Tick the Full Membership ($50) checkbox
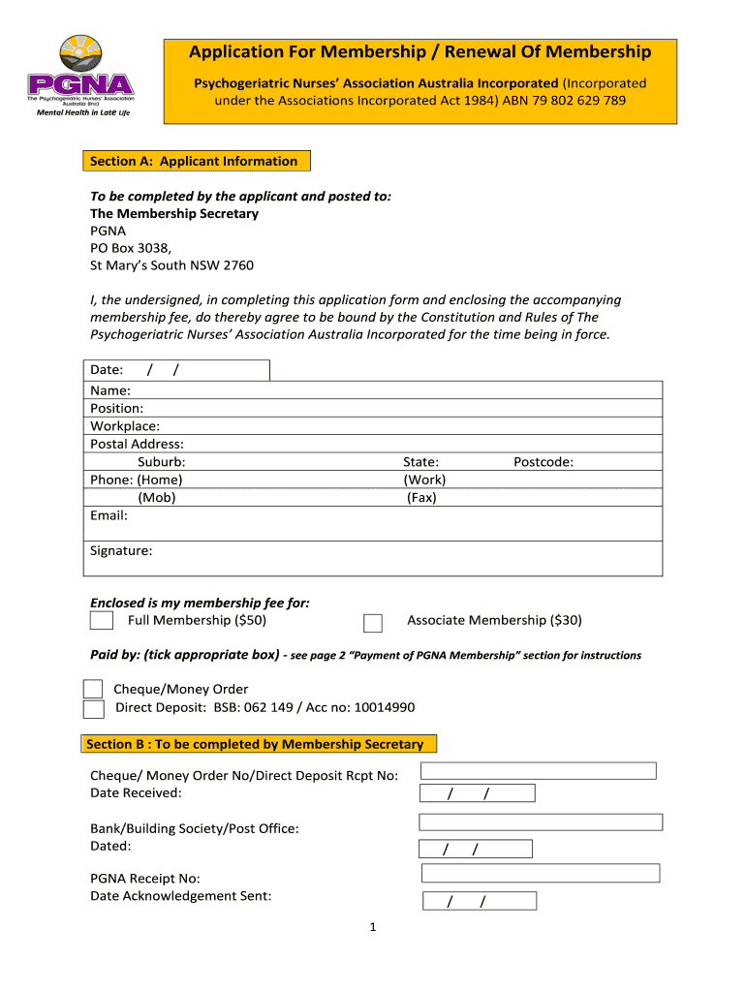(x=102, y=620)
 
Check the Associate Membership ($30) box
(x=372, y=623)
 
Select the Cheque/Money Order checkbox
(x=93, y=689)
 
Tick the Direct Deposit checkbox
(x=93, y=709)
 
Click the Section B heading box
(x=257, y=744)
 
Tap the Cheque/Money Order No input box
(x=538, y=771)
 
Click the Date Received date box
(x=477, y=794)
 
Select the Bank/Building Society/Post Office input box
(x=541, y=821)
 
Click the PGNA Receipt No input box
(x=541, y=873)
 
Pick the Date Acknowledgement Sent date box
(x=479, y=902)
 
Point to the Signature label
(x=121, y=551)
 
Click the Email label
(x=109, y=515)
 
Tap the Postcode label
(x=544, y=462)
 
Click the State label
(x=420, y=462)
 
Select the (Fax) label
(x=421, y=498)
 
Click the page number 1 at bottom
(x=373, y=928)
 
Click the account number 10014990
(x=381, y=707)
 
